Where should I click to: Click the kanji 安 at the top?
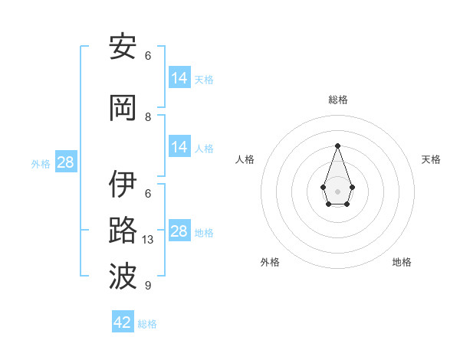point(123,47)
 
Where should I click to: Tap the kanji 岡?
point(123,108)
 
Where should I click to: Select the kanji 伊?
point(123,185)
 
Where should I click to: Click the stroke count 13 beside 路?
point(149,240)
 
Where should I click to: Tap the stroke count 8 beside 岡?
point(148,117)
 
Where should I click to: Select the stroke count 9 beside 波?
point(148,286)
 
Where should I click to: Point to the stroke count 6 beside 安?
point(148,56)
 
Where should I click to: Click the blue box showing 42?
point(123,322)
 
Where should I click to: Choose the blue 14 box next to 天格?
point(179,78)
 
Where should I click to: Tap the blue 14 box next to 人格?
point(179,147)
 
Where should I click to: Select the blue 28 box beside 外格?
point(65,162)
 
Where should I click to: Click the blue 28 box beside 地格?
point(179,231)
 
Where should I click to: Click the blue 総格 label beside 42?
point(147,324)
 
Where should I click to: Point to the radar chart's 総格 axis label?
point(337,100)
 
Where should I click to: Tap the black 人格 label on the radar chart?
point(245,159)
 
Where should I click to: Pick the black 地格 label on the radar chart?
point(402,262)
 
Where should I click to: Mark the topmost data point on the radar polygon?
point(337,146)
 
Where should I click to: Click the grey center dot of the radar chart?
point(337,190)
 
